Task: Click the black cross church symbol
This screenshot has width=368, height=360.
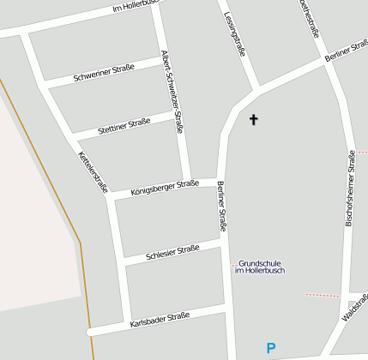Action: click(253, 119)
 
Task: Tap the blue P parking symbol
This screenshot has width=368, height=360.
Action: click(271, 349)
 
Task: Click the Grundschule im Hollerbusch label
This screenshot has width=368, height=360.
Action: click(259, 267)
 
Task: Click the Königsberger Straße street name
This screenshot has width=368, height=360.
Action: click(165, 187)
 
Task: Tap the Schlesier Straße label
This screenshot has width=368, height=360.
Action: click(172, 251)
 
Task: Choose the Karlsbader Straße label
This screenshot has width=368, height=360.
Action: click(160, 321)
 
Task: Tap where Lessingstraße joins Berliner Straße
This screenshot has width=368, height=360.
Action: click(256, 88)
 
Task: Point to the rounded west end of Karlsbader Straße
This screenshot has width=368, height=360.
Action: click(89, 332)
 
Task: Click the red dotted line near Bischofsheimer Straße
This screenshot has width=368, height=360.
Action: click(323, 295)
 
